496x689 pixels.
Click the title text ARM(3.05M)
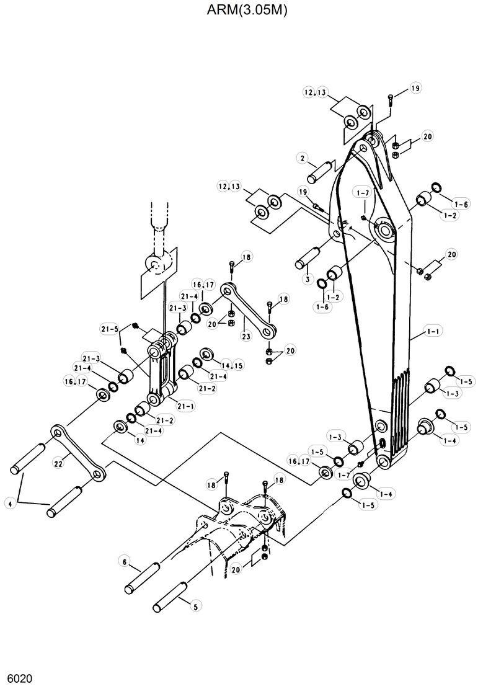tap(247, 11)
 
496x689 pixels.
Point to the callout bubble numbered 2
tap(303, 159)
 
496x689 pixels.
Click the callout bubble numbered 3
tap(307, 280)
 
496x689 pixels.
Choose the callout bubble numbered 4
tap(9, 504)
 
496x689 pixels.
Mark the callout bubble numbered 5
tap(196, 607)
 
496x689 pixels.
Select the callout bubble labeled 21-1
tap(185, 406)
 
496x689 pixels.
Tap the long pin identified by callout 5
tap(169, 595)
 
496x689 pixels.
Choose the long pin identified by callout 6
tap(144, 576)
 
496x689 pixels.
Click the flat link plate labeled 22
tap(78, 453)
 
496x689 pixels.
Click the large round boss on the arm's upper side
tap(385, 231)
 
